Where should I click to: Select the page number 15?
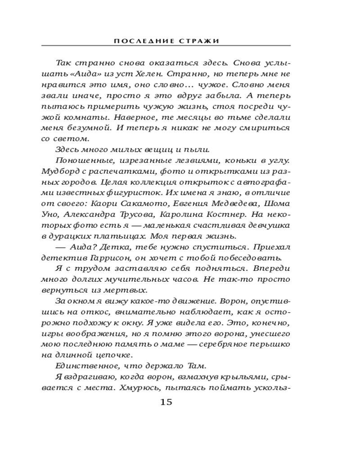pos(166,401)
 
